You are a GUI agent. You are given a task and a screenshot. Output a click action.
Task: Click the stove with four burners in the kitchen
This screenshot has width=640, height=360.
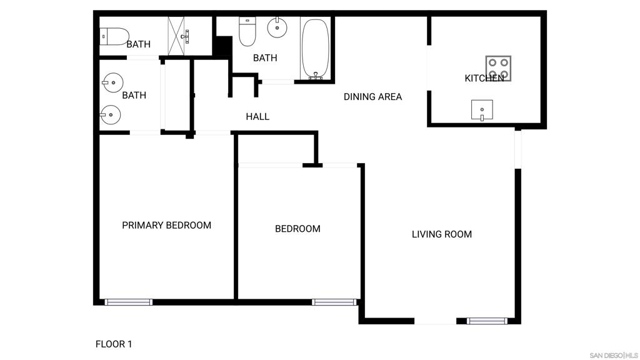[499, 69]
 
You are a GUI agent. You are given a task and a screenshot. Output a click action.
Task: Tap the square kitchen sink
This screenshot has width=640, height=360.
[482, 110]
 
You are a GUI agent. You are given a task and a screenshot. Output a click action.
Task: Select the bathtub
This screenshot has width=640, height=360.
[315, 49]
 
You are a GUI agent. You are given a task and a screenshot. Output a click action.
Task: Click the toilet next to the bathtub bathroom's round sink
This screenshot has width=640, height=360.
[248, 32]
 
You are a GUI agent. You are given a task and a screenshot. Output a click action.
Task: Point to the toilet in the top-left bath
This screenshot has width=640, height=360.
[115, 36]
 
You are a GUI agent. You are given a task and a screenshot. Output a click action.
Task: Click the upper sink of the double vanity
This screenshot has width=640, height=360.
[113, 82]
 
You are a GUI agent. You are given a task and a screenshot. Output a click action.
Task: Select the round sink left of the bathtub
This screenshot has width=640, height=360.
[276, 27]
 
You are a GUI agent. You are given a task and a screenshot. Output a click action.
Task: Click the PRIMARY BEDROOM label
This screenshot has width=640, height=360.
[166, 225]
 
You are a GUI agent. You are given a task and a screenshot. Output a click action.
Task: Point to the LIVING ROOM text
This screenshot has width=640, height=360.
[441, 234]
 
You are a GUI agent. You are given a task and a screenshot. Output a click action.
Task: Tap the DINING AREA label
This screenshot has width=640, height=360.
[372, 97]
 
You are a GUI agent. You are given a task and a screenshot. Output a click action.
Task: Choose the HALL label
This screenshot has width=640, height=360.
[257, 116]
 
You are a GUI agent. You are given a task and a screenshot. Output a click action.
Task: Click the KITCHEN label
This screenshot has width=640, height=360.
[484, 79]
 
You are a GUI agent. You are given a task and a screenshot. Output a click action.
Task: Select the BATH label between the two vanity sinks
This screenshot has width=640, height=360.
[134, 95]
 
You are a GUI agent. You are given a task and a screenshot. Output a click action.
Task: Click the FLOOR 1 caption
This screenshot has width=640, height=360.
[114, 344]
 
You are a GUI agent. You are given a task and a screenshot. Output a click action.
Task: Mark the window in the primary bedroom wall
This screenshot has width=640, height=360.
[128, 302]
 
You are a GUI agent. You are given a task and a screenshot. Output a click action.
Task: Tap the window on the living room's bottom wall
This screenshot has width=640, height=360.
[486, 321]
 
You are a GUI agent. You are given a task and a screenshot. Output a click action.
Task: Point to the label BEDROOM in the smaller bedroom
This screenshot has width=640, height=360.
[297, 229]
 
